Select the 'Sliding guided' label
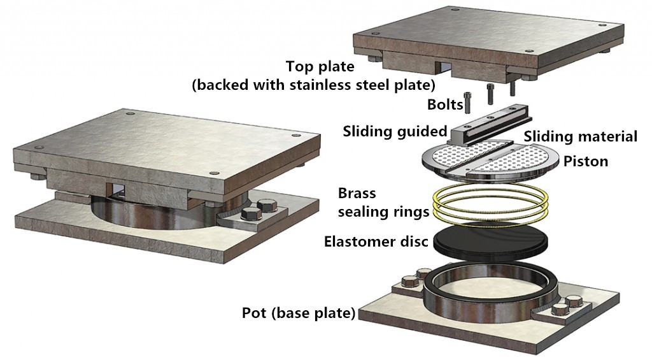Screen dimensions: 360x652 (x=395, y=132)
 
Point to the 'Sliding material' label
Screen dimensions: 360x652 (x=580, y=136)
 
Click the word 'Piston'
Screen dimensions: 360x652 (x=586, y=161)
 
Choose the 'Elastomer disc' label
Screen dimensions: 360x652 (x=376, y=242)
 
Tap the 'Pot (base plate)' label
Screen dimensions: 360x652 (x=298, y=313)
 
